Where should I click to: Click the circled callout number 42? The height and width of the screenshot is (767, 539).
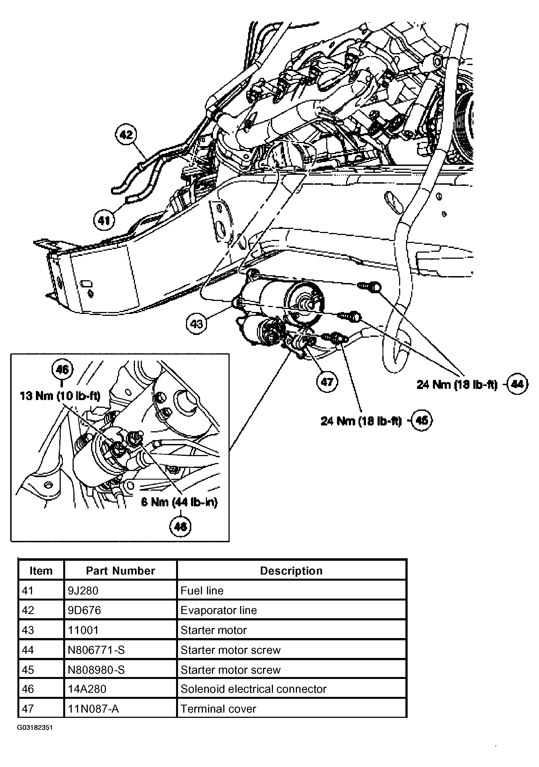(126, 135)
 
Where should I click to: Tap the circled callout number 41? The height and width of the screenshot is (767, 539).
(104, 221)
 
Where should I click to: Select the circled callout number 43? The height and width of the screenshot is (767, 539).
(197, 323)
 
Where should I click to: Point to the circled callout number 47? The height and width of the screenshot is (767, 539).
(327, 381)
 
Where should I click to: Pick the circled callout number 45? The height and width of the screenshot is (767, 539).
(422, 420)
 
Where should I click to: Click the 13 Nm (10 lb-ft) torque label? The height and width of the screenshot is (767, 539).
(60, 396)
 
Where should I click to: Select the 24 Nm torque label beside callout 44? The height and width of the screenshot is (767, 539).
(457, 385)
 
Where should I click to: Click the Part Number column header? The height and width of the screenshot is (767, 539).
(120, 571)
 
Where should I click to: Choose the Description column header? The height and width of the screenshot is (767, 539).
(291, 571)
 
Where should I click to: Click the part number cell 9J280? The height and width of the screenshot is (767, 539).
(83, 591)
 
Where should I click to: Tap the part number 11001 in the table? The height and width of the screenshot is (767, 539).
(83, 630)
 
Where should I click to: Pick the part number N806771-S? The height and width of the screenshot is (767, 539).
(96, 650)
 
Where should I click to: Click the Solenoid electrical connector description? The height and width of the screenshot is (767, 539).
(253, 689)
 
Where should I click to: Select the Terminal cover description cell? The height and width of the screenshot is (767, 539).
(218, 708)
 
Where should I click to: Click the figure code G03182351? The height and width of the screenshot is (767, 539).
(35, 728)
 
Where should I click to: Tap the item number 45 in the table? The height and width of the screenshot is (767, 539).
(28, 670)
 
